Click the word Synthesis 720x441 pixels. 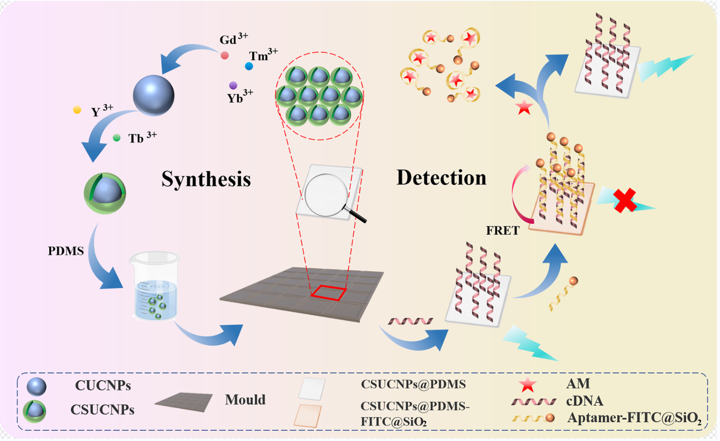[x=206, y=179]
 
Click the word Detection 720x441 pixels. [x=441, y=178]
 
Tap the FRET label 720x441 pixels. [x=502, y=231]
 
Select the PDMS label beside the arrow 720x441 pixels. [x=66, y=251]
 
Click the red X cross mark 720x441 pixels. [x=625, y=200]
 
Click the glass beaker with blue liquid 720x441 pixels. [x=155, y=286]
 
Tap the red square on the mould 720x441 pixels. [x=328, y=293]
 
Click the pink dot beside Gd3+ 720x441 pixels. [x=225, y=55]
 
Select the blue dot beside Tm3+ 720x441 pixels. [x=249, y=66]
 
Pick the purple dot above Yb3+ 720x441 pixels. [x=233, y=85]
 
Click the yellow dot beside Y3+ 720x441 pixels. [x=77, y=110]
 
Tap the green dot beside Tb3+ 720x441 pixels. [x=116, y=138]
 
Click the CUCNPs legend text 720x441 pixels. [x=103, y=386]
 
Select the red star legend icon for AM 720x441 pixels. [x=527, y=384]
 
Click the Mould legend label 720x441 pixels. [x=245, y=399]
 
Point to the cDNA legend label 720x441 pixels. [x=584, y=401]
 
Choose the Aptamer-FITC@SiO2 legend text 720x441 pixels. [x=634, y=418]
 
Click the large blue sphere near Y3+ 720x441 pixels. [x=153, y=96]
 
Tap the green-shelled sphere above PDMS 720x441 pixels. [x=105, y=193]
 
